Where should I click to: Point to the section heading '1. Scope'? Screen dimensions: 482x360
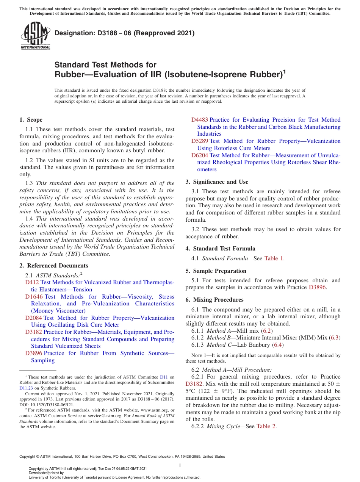tap(31, 120)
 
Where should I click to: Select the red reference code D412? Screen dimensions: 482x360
tap(32, 282)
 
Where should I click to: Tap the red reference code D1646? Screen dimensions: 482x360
tap(34, 297)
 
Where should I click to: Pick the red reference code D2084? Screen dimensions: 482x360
tap(33, 318)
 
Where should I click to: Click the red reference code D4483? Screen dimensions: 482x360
tap(199, 120)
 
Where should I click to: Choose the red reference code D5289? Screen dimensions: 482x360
tap(199, 141)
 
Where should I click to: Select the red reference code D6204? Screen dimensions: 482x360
tap(199, 155)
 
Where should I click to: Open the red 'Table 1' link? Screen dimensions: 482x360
tap(274, 258)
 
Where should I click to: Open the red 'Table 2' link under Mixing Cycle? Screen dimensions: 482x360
tap(266, 426)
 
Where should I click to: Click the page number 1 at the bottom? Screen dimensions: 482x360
tap(180, 465)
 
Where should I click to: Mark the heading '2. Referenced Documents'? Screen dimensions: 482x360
tap(53, 266)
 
